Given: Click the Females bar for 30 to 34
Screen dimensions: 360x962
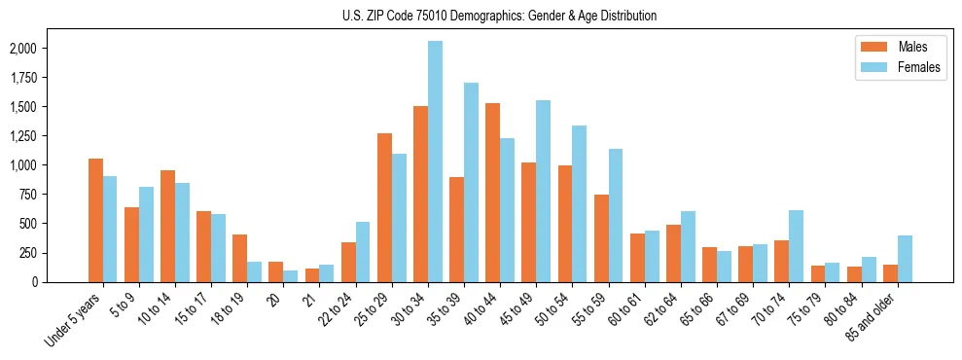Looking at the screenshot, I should click(435, 162).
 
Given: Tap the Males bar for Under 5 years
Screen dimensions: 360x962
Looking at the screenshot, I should click(95, 220).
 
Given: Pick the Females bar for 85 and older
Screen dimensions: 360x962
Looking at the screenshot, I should click(905, 259).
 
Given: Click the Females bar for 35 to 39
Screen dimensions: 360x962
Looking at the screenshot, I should click(471, 183).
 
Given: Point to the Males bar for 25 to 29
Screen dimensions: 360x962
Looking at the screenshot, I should click(384, 207).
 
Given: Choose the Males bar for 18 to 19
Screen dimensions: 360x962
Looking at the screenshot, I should click(239, 258).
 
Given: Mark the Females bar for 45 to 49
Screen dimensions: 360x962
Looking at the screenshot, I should click(543, 191).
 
